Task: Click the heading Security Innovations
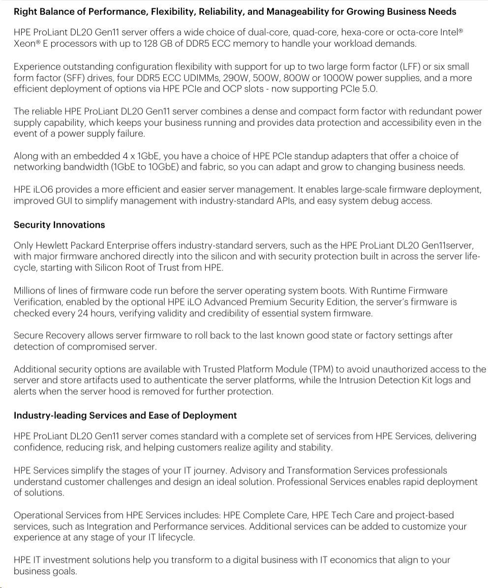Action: click(59, 225)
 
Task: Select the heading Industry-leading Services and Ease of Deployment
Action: click(125, 415)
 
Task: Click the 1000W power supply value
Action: click(349, 78)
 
